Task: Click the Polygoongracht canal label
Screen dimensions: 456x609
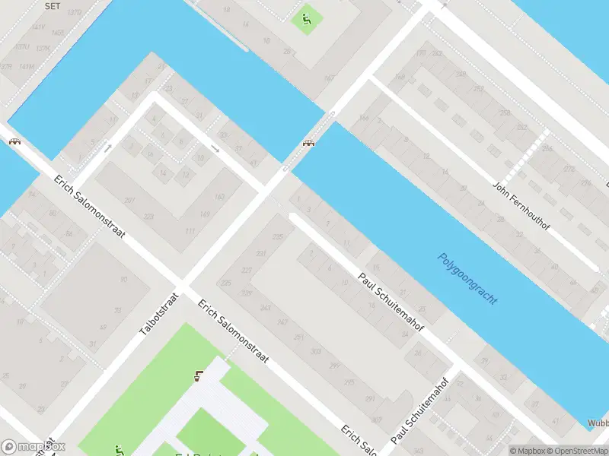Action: coord(467,279)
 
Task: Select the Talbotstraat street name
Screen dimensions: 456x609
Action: coord(159,314)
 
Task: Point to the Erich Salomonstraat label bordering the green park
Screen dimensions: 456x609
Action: coord(233,331)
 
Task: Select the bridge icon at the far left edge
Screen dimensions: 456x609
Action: coord(14,142)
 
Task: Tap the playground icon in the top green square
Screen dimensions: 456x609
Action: coord(306,19)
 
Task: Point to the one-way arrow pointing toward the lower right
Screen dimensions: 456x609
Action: coord(215,148)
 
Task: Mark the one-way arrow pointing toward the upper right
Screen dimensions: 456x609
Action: coord(108,148)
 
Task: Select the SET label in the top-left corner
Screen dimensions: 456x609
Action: coord(52,5)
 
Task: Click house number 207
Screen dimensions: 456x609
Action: coord(129,200)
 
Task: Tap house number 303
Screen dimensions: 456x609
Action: coord(316,352)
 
